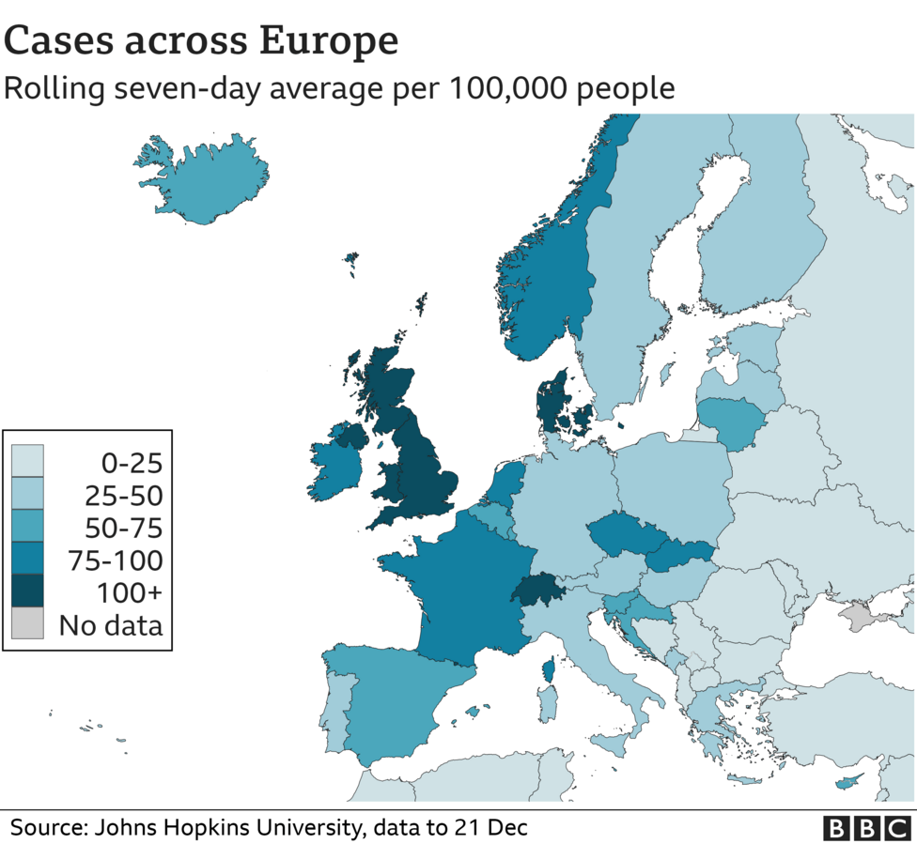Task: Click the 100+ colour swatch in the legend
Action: pyautogui.click(x=27, y=592)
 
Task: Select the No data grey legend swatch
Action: pyautogui.click(x=27, y=624)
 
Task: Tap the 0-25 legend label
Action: pyautogui.click(x=131, y=463)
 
